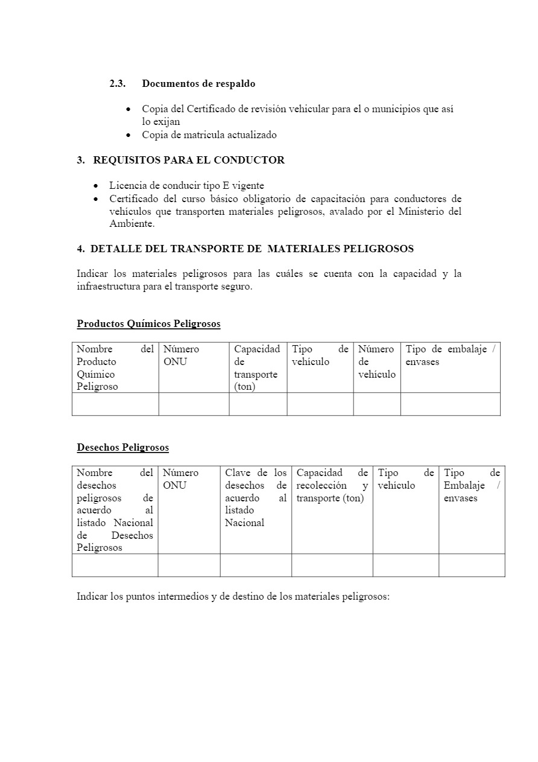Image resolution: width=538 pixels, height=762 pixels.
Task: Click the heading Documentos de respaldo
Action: click(x=198, y=84)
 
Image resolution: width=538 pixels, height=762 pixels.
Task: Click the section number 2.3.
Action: click(x=118, y=84)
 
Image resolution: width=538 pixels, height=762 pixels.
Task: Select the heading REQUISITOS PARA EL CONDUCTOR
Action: click(x=189, y=160)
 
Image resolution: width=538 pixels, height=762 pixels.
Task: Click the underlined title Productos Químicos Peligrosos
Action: click(x=148, y=324)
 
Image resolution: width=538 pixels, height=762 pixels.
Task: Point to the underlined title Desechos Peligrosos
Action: click(x=122, y=448)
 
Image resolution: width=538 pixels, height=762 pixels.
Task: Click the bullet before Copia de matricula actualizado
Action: click(x=128, y=135)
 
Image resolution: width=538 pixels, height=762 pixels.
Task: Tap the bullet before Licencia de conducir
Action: click(x=96, y=186)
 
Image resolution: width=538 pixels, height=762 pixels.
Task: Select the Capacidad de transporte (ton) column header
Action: click(x=257, y=367)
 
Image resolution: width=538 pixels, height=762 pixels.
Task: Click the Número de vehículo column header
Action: click(x=377, y=361)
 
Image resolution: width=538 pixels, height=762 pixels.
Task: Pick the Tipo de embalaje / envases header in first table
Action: click(x=450, y=355)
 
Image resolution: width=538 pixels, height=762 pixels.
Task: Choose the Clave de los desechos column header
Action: click(x=256, y=498)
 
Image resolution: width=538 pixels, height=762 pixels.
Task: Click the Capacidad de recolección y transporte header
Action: click(x=332, y=485)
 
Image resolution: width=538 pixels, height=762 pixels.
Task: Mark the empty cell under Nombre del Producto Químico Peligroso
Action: click(x=115, y=404)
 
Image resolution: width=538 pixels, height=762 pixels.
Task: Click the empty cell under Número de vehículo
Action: click(x=377, y=404)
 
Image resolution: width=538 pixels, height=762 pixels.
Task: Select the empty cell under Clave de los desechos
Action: click(x=256, y=565)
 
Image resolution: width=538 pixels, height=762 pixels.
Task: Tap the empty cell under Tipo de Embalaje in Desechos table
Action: click(x=472, y=565)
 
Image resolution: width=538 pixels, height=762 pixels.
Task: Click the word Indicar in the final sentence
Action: click(x=92, y=597)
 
